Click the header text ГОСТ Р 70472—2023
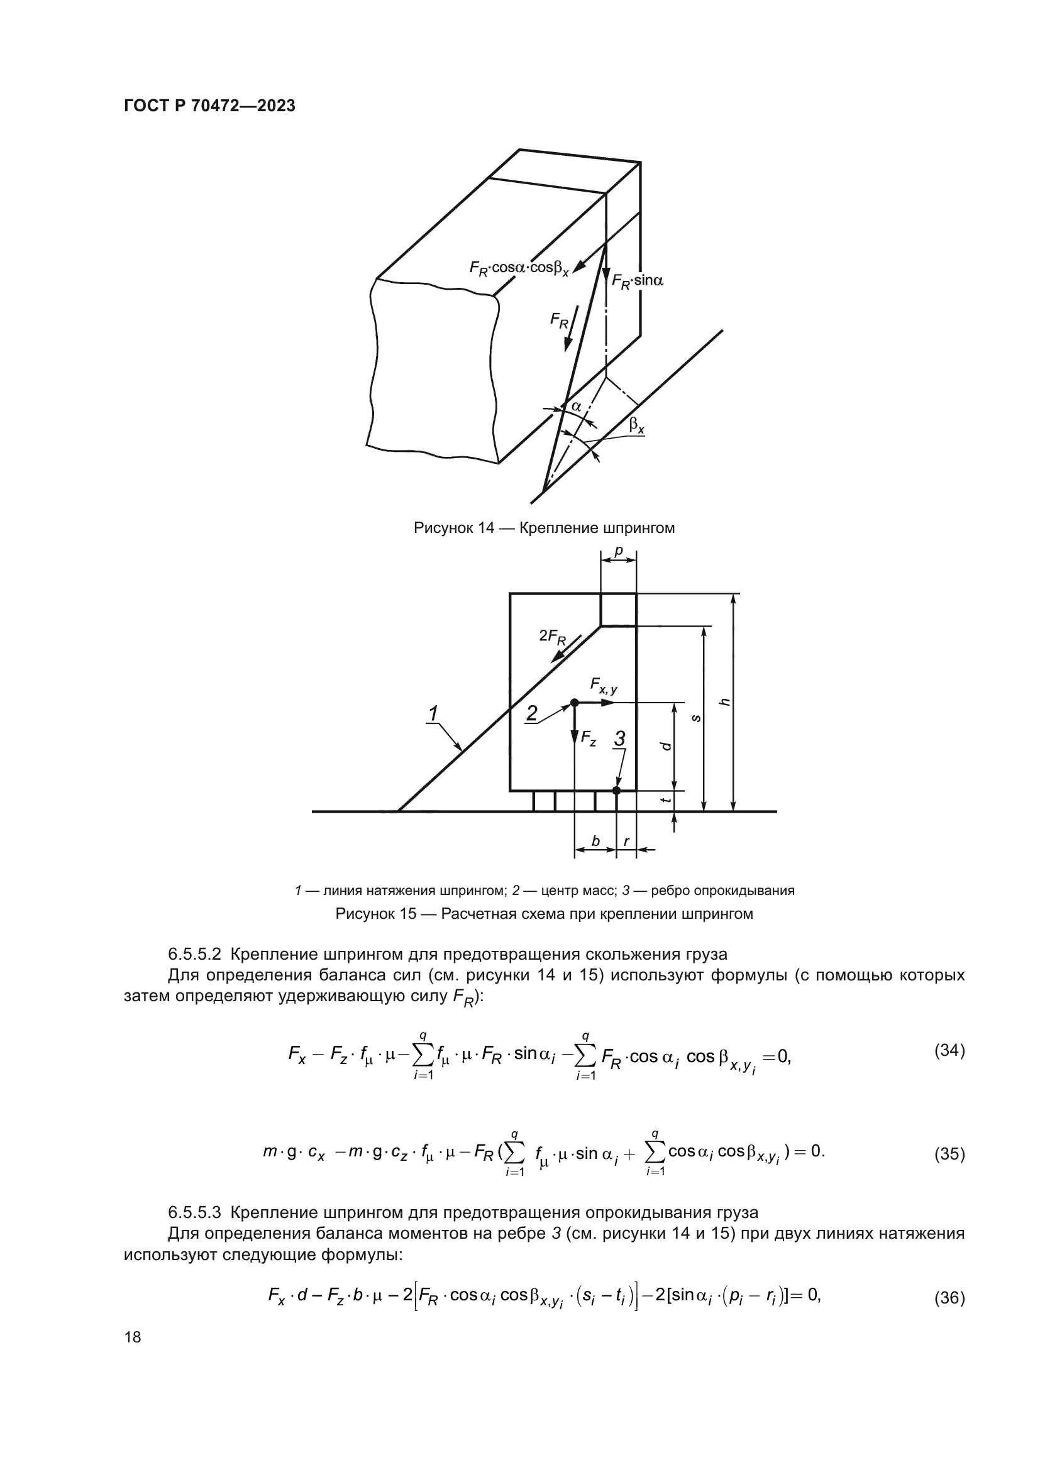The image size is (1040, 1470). click(x=209, y=106)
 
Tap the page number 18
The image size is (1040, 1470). click(x=133, y=1337)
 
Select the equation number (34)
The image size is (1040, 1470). click(x=949, y=1051)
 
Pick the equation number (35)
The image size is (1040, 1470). click(x=949, y=1154)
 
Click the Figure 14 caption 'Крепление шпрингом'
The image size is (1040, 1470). click(x=544, y=528)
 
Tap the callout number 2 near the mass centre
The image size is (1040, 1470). click(x=531, y=713)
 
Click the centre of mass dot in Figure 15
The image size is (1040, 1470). click(x=575, y=703)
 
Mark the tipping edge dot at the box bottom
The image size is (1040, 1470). click(x=616, y=791)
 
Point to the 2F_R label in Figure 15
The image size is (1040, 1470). click(x=553, y=637)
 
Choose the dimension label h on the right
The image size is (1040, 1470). click(x=726, y=702)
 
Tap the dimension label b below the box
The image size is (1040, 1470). click(x=595, y=842)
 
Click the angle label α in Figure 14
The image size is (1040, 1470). click(x=577, y=406)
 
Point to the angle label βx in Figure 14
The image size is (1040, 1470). click(x=636, y=424)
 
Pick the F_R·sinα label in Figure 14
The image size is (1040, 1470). click(x=637, y=280)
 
